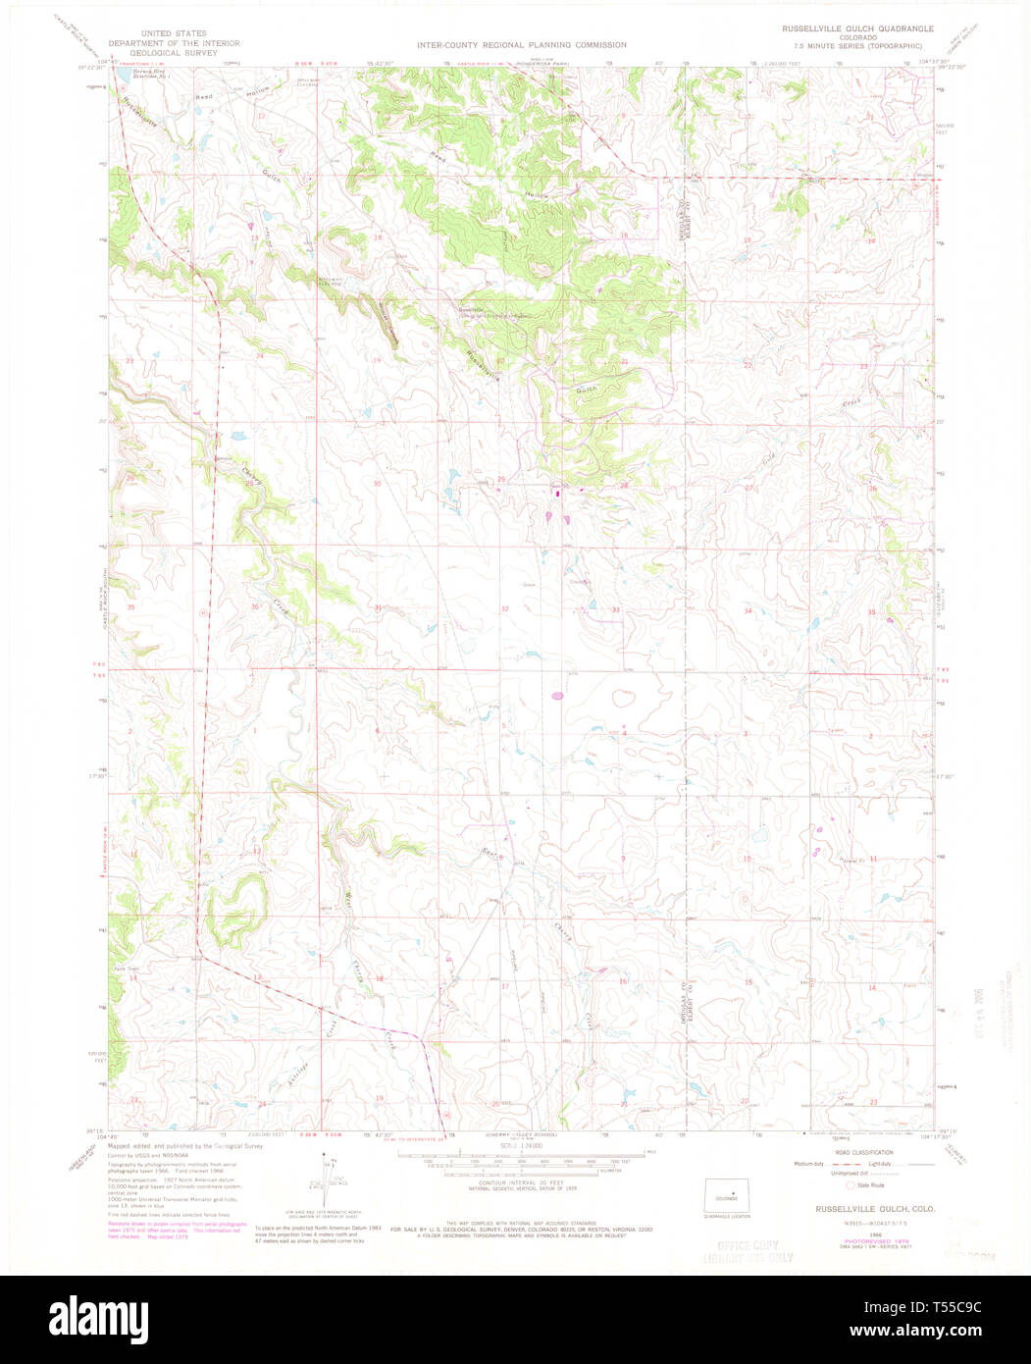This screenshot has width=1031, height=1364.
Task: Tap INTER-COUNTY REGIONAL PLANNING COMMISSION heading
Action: point(521,45)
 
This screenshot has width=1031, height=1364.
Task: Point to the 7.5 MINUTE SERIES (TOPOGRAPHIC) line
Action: point(866,46)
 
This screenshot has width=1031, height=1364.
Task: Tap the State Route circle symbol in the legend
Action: point(851,1184)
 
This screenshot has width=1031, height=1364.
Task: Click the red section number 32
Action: point(504,609)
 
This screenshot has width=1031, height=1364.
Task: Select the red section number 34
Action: point(747,610)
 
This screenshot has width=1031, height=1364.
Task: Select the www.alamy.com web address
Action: point(934,1332)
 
